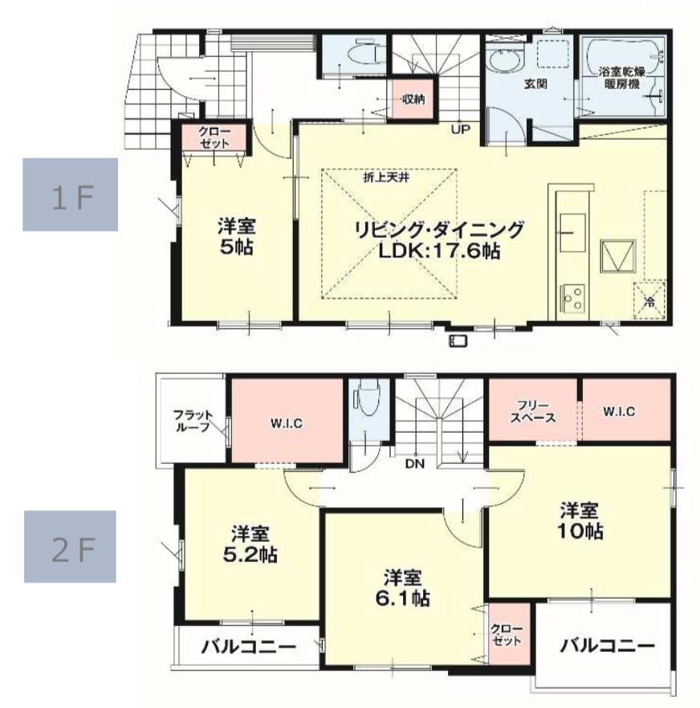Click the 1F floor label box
pyautogui.click(x=70, y=194)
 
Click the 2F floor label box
pyautogui.click(x=70, y=547)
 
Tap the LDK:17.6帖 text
pyautogui.click(x=438, y=250)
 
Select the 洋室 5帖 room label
pyautogui.click(x=236, y=236)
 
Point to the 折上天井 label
pyautogui.click(x=387, y=177)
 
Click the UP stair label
pyautogui.click(x=461, y=129)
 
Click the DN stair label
pyautogui.click(x=414, y=463)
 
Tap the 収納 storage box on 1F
pyautogui.click(x=413, y=99)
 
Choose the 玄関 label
pyautogui.click(x=536, y=84)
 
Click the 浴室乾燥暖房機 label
pyautogui.click(x=622, y=78)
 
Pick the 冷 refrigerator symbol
pyautogui.click(x=650, y=301)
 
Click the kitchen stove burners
pyautogui.click(x=572, y=298)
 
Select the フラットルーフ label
pyautogui.click(x=193, y=421)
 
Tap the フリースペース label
pyautogui.click(x=533, y=412)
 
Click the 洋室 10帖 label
pyautogui.click(x=580, y=521)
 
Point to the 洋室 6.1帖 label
pyautogui.click(x=402, y=588)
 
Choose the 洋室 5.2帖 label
pyautogui.click(x=250, y=545)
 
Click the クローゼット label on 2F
pyautogui.click(x=507, y=635)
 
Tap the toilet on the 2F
pyautogui.click(x=369, y=397)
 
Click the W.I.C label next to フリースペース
pyautogui.click(x=619, y=411)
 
